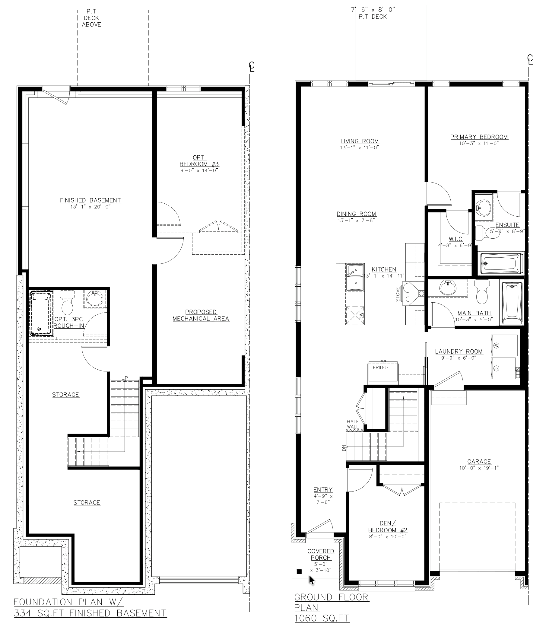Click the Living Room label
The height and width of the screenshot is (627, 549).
(360, 141)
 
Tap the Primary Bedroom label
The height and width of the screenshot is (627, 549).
(479, 137)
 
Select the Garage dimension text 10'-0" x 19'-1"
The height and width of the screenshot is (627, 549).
(479, 468)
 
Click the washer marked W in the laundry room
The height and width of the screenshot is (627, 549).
(504, 345)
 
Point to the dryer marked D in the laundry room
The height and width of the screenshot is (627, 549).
(503, 368)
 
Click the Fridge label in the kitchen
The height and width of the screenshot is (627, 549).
(381, 368)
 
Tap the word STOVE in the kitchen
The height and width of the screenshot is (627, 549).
(398, 294)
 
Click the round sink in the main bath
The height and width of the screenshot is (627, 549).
(448, 288)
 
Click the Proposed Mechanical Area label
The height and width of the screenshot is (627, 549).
(201, 315)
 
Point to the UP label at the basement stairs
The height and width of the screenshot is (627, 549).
(125, 378)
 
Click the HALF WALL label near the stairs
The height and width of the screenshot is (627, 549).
(353, 424)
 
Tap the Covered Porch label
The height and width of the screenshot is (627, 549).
(321, 554)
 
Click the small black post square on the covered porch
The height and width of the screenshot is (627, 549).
(300, 571)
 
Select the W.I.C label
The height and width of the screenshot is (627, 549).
(455, 239)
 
